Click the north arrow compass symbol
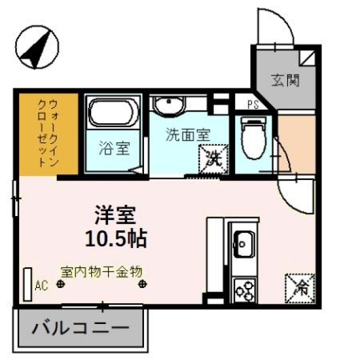point(37,47)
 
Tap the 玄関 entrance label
point(285,80)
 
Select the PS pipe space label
point(253,105)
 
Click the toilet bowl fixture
point(253,138)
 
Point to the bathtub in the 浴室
point(113,112)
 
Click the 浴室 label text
point(114,148)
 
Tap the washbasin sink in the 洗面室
point(169,105)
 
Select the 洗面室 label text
point(188,134)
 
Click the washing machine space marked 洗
point(214,159)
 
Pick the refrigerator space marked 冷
point(300,289)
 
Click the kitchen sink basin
point(244,244)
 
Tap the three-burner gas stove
point(245,290)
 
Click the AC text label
point(42,286)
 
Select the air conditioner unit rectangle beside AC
point(28,285)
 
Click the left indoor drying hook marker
point(61,284)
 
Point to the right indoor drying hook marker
point(142,284)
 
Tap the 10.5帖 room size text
point(116,238)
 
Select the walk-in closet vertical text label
point(48,133)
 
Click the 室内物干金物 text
point(101,272)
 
